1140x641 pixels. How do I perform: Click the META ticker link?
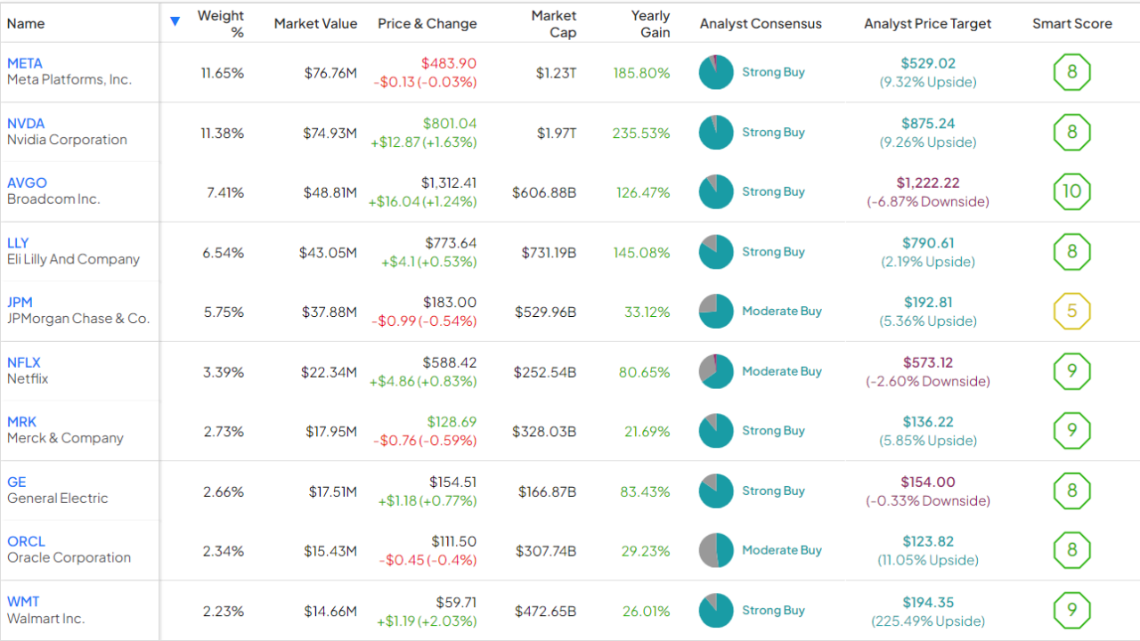click(x=25, y=63)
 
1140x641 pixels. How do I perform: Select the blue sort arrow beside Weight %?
click(x=175, y=21)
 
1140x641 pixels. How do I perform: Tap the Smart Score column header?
click(x=1071, y=24)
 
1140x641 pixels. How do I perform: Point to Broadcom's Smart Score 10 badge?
click(x=1071, y=191)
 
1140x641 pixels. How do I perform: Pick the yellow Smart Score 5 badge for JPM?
click(x=1071, y=312)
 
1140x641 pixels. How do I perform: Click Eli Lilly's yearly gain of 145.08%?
click(x=641, y=253)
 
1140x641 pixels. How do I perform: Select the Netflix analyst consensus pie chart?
click(x=716, y=371)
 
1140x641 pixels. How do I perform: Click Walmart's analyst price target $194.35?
click(x=928, y=603)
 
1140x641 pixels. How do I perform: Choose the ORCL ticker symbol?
click(x=26, y=541)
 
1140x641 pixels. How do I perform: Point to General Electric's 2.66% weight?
click(x=223, y=491)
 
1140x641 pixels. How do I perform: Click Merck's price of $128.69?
click(x=452, y=422)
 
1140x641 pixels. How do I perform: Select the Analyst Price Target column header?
click(x=927, y=24)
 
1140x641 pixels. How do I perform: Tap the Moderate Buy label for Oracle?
click(x=781, y=550)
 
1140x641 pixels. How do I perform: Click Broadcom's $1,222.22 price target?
click(x=928, y=183)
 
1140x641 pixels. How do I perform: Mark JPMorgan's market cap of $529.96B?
click(x=545, y=312)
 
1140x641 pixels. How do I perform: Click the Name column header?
click(x=26, y=24)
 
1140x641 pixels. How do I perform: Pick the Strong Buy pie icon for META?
click(x=716, y=72)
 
